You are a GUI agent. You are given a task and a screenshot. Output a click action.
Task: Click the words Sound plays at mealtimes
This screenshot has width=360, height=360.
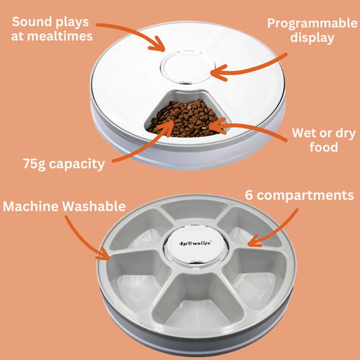pyautogui.click(x=52, y=29)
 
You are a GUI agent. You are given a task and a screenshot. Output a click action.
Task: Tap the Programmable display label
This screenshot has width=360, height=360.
pyautogui.click(x=312, y=30)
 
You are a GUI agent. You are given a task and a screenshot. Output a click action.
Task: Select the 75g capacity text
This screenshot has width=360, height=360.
pyautogui.click(x=63, y=164)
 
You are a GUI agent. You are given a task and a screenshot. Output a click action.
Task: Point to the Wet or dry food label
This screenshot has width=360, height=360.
pyautogui.click(x=324, y=140)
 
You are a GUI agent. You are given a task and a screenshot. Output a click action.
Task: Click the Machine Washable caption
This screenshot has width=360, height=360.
pyautogui.click(x=64, y=206)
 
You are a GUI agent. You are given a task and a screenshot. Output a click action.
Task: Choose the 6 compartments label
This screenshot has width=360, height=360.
pyautogui.click(x=299, y=196)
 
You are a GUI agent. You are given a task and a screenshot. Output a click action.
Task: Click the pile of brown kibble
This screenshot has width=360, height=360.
pyautogui.click(x=186, y=119)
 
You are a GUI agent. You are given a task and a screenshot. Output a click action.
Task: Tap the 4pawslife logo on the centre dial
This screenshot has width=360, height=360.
pyautogui.click(x=195, y=243)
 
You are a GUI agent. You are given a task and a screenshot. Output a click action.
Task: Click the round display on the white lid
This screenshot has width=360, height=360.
pyautogui.click(x=188, y=68)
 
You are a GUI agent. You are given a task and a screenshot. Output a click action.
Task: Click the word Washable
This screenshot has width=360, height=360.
pyautogui.click(x=94, y=206)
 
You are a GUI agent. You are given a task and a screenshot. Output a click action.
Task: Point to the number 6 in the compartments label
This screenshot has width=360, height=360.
pyautogui.click(x=249, y=195)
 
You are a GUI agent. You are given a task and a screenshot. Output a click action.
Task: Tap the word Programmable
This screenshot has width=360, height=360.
pyautogui.click(x=312, y=24)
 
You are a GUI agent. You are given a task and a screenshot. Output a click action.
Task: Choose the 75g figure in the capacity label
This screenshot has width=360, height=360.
pyautogui.click(x=34, y=164)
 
